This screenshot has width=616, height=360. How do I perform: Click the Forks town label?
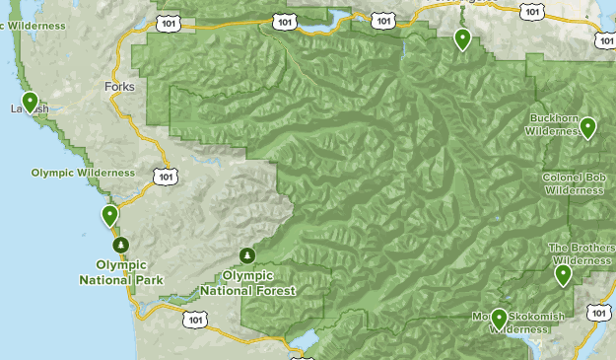pos(118,87)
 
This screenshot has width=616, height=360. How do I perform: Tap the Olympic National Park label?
pos(121,271)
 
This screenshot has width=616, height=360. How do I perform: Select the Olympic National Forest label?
pos(247,283)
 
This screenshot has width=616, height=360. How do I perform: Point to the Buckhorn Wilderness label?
pos(552,123)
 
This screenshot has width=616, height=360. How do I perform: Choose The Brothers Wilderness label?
pos(580,254)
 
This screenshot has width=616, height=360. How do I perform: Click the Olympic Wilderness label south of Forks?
pos(82,173)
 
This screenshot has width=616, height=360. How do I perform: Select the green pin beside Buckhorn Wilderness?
pos(587,127)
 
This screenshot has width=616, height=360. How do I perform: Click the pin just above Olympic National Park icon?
pos(110,215)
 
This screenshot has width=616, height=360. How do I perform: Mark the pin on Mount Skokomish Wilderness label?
pos(499,318)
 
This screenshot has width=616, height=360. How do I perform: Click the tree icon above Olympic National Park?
pos(120,244)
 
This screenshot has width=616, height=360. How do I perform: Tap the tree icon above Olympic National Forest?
pos(247,254)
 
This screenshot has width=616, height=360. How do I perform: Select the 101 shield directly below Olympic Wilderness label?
pos(166,176)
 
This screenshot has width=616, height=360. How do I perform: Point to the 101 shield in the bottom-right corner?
pos(598,312)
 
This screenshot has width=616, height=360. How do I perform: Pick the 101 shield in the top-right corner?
pos(604,40)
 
